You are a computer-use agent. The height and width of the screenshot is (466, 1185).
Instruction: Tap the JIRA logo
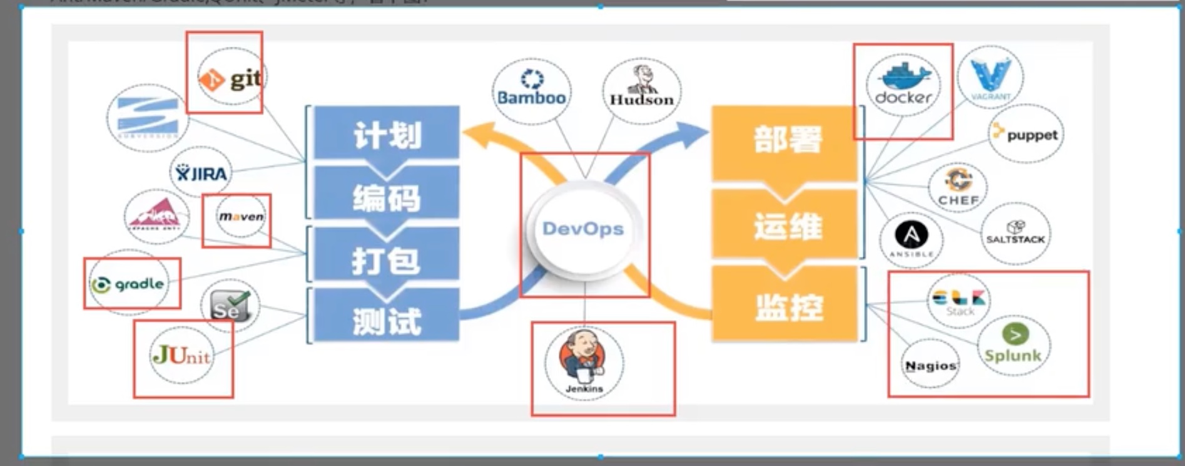pyautogui.click(x=201, y=173)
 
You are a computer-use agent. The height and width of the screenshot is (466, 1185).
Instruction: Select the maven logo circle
pyautogui.click(x=241, y=217)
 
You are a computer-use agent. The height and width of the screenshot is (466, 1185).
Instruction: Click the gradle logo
pyautogui.click(x=129, y=284)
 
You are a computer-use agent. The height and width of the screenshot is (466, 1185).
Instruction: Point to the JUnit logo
pyautogui.click(x=181, y=356)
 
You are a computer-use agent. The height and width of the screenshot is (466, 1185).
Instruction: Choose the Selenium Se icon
pyautogui.click(x=230, y=306)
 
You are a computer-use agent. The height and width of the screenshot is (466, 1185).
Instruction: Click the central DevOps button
pyautogui.click(x=583, y=229)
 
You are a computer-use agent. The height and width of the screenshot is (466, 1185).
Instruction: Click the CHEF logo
pyautogui.click(x=958, y=187)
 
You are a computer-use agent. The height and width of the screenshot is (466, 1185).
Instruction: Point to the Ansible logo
pyautogui.click(x=912, y=240)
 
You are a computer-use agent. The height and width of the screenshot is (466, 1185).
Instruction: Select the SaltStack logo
pyautogui.click(x=1015, y=233)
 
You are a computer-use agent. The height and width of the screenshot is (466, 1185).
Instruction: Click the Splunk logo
pyautogui.click(x=1013, y=345)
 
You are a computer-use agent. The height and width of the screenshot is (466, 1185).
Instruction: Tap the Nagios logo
pyautogui.click(x=930, y=365)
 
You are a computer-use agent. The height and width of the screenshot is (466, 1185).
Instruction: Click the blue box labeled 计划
pyautogui.click(x=387, y=134)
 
